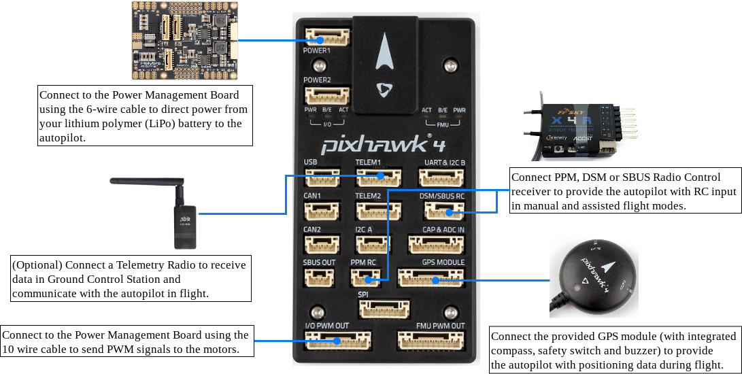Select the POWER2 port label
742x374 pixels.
point(317,80)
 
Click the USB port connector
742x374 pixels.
point(322,177)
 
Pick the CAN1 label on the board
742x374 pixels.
point(312,196)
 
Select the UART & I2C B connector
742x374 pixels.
point(441,177)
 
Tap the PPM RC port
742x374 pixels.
point(365,277)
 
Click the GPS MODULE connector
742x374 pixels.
point(431,277)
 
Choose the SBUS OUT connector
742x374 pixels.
point(318,277)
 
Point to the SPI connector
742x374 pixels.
point(385,309)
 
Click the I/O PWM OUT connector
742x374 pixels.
point(338,339)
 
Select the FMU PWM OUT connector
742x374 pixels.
point(431,339)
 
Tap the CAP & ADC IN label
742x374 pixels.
point(443,230)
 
